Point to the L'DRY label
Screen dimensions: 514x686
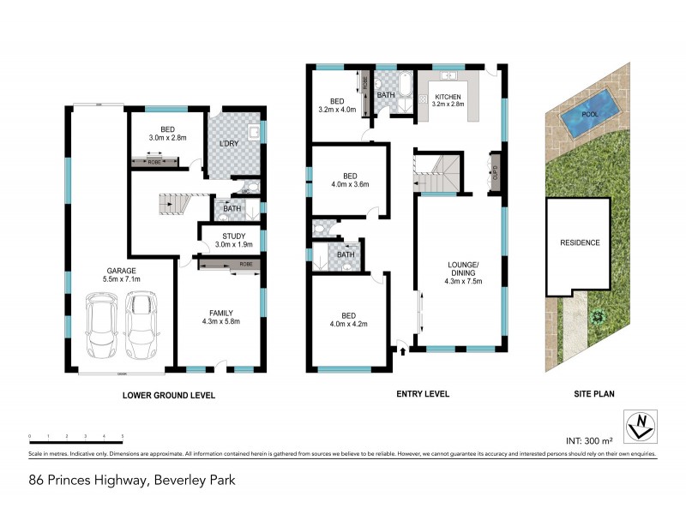(x=227, y=142)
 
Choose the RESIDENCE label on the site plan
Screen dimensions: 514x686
(x=581, y=242)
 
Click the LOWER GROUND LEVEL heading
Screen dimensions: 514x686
(x=168, y=395)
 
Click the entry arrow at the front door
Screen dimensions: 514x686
(x=401, y=349)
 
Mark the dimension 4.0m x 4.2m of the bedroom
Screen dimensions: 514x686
(x=347, y=325)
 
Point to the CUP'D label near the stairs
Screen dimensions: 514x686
(x=494, y=168)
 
